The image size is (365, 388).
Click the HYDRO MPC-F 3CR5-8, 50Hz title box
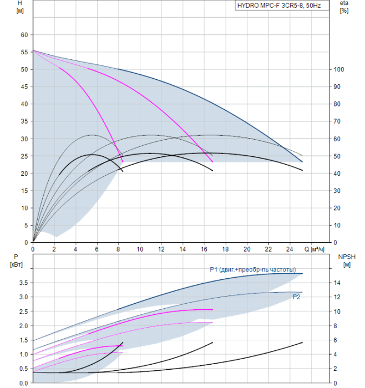point(282,6)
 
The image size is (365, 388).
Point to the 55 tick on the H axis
point(24,52)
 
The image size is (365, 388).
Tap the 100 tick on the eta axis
point(339,69)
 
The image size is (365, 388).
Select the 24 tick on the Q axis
point(290,249)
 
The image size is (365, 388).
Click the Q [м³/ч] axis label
point(314,249)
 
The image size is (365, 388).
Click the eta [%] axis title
point(344,7)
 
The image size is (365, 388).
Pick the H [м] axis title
point(20,7)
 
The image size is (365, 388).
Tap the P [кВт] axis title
point(16,261)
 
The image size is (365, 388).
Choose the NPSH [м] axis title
point(347,261)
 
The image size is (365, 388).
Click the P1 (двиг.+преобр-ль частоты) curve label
point(253,269)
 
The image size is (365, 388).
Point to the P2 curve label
point(296,297)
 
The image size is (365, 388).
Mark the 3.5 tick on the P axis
point(24,283)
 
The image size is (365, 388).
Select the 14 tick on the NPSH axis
point(337,283)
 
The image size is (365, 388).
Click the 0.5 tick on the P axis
point(24,369)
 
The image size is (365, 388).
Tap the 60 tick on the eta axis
point(337,139)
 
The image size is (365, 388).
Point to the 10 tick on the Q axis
point(140,249)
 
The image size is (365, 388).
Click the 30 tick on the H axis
point(24,139)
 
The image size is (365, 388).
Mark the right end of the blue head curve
point(302,162)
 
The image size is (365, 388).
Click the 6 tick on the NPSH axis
point(335,340)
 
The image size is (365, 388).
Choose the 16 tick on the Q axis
point(204,249)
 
